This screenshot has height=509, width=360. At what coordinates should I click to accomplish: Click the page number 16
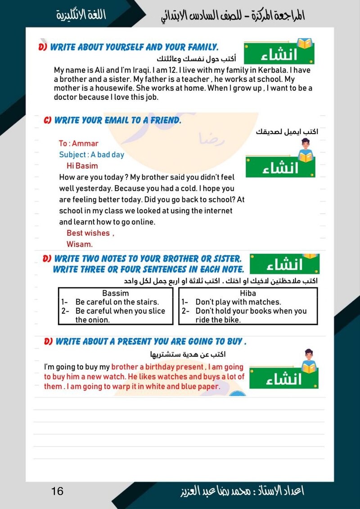(58, 491)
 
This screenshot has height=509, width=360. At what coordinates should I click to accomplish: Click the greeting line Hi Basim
(82, 166)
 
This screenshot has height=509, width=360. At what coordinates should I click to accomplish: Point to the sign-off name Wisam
(79, 244)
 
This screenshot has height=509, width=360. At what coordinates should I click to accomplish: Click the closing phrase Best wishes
(88, 233)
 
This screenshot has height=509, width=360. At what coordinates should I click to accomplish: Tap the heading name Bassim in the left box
(116, 293)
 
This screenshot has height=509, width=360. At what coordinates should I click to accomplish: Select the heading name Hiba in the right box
(248, 293)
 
